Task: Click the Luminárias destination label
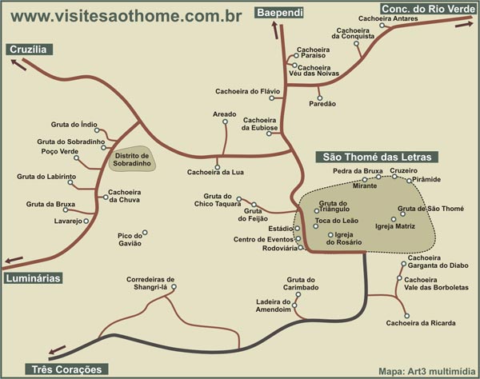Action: coord(33,277)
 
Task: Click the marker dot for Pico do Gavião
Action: coord(144,233)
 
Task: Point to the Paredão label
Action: coord(322,104)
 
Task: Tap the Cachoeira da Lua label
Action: coord(209,172)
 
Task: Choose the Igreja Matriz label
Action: coord(394,226)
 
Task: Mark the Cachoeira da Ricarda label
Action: coord(421,323)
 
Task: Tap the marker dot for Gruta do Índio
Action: coord(104,128)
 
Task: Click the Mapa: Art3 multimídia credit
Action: coord(426,370)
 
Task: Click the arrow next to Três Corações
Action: coord(56,349)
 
